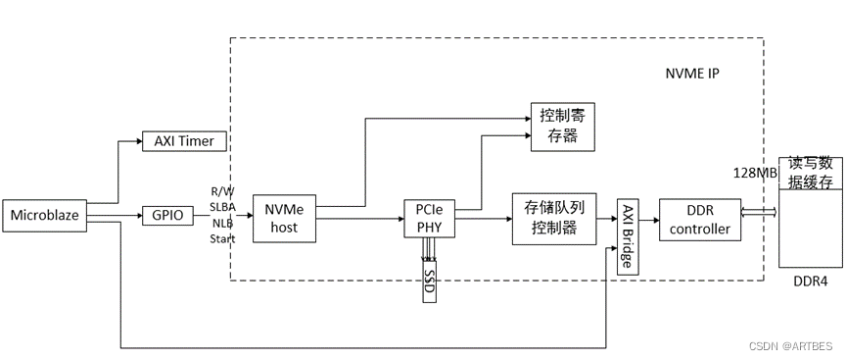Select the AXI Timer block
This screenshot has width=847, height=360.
coord(184,141)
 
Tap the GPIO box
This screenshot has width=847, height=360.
coord(168,215)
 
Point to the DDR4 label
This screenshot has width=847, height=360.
coord(809,281)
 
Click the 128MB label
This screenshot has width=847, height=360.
coord(754,173)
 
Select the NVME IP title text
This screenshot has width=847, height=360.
coord(691,74)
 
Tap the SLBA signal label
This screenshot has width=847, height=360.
coord(222,206)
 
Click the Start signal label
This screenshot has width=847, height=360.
coord(222,238)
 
